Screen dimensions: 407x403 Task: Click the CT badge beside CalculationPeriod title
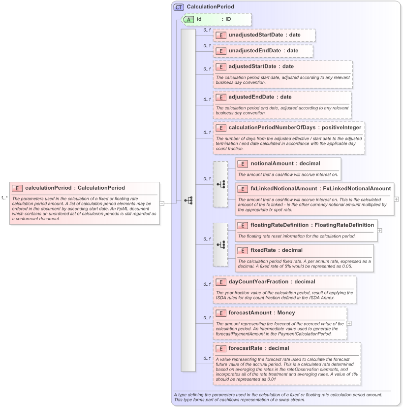tap(179, 7)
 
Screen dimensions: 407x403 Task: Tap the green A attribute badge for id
tap(188, 19)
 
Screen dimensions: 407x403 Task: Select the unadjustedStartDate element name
tap(256, 35)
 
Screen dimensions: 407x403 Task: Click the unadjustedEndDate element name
tap(254, 51)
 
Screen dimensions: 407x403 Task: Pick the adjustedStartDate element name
tap(254, 67)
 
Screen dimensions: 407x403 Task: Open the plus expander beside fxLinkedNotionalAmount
tap(397, 199)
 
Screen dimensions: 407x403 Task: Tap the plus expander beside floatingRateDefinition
tap(380, 230)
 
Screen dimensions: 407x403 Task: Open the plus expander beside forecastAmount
tap(349, 323)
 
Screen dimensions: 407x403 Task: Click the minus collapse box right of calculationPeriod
tap(162, 203)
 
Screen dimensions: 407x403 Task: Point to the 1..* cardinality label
tap(4, 198)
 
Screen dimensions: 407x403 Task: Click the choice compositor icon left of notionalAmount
tap(221, 184)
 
